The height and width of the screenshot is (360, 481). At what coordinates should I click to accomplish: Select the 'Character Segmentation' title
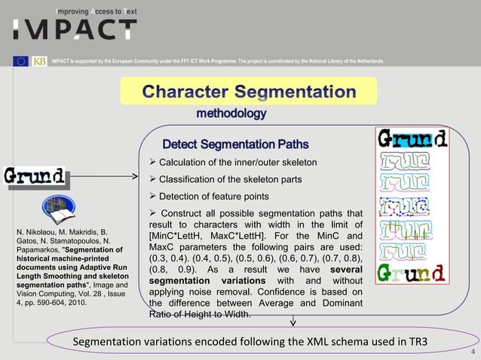[249, 93]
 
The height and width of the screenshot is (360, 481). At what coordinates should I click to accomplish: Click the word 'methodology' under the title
[231, 114]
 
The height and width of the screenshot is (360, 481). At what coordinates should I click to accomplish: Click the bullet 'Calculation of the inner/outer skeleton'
[238, 163]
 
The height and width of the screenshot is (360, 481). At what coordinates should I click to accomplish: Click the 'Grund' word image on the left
[34, 178]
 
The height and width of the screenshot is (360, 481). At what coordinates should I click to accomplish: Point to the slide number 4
[471, 352]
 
